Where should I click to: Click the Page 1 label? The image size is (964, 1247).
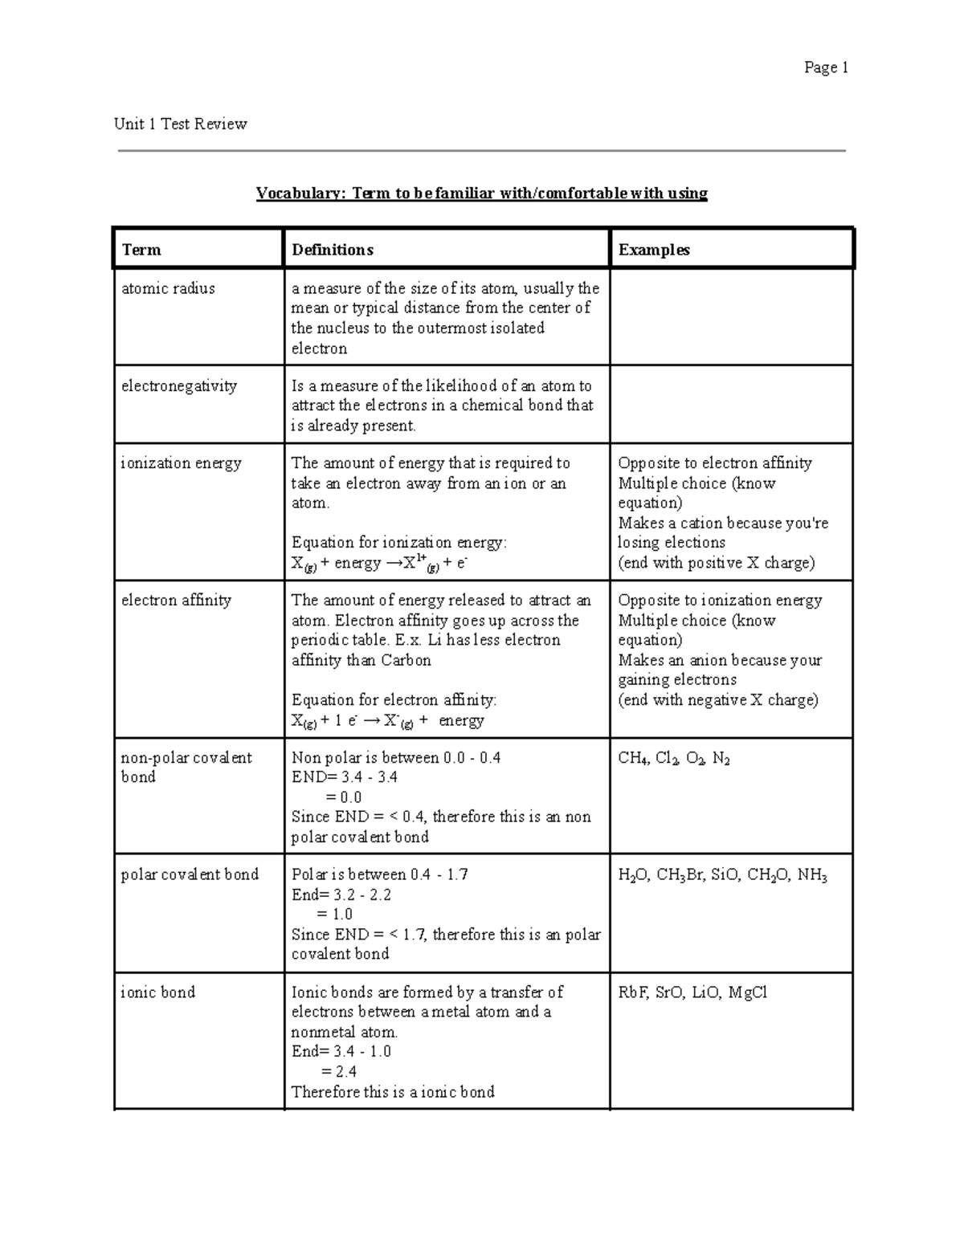pos(826,68)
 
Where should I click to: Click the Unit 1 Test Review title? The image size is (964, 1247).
pos(180,124)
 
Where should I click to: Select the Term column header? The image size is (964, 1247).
pos(141,250)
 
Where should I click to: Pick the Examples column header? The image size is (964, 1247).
pos(653,250)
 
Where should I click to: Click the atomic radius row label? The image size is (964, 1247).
pos(168,288)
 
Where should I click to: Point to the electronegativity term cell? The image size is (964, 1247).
pos(178,386)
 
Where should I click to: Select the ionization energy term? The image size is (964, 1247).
pos(181,463)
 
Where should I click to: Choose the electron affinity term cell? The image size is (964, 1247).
pos(176,601)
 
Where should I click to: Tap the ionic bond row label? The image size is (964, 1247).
pos(157,992)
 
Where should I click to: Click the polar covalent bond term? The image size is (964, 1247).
pos(190,874)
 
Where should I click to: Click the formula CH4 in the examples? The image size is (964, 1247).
pos(633,759)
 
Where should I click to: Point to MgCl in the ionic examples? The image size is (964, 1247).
pos(747,992)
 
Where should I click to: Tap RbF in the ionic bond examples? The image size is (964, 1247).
pos(632,992)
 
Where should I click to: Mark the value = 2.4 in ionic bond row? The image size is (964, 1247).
pos(338,1071)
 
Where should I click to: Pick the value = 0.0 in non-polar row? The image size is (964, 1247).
pos(343,797)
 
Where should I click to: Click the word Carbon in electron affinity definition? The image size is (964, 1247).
pos(406,661)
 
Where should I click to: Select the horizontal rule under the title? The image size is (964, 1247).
pos(482,150)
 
